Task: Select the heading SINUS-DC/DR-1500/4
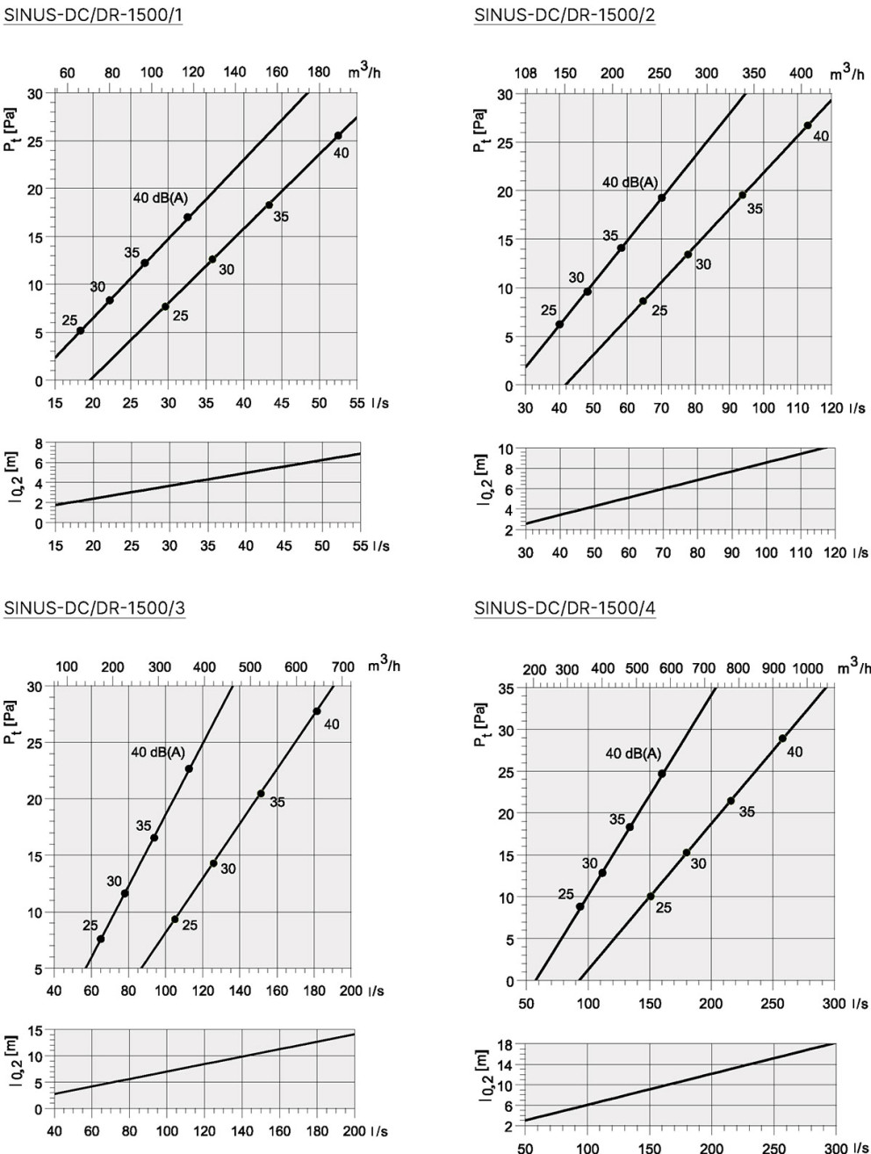pyautogui.click(x=565, y=609)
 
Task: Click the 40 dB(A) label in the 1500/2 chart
pyautogui.click(x=630, y=183)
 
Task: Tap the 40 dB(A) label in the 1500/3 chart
pyautogui.click(x=158, y=753)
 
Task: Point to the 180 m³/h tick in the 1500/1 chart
pyautogui.click(x=319, y=73)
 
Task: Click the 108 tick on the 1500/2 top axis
pyautogui.click(x=525, y=74)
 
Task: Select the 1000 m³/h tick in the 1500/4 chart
pyautogui.click(x=808, y=668)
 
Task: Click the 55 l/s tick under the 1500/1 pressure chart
pyautogui.click(x=356, y=403)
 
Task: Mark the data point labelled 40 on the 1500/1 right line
pyautogui.click(x=338, y=135)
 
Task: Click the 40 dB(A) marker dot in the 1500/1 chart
pyautogui.click(x=188, y=217)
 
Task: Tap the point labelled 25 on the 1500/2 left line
pyautogui.click(x=559, y=324)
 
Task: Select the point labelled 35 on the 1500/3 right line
pyautogui.click(x=261, y=793)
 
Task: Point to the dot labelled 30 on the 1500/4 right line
pyautogui.click(x=687, y=853)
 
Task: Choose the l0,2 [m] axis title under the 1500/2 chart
pyautogui.click(x=485, y=479)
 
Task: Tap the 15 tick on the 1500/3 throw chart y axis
pyautogui.click(x=39, y=1031)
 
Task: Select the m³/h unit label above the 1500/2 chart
pyautogui.click(x=846, y=74)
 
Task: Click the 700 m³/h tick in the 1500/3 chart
pyautogui.click(x=342, y=667)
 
